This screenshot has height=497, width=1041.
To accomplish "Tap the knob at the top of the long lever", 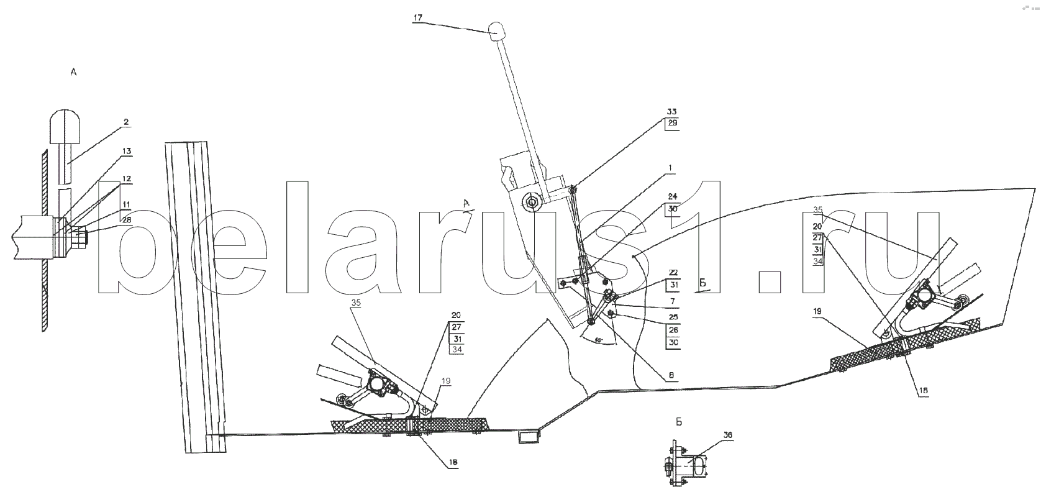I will [499, 30].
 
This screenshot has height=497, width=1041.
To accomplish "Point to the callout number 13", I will [126, 151].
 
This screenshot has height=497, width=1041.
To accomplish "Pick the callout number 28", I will [126, 219].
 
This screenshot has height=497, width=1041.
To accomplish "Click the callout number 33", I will [671, 112].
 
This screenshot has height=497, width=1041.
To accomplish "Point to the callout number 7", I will [673, 300].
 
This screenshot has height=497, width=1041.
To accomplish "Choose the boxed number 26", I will [672, 330].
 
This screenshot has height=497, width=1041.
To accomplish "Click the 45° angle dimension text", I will [598, 340].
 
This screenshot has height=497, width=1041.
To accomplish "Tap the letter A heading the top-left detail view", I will [73, 73].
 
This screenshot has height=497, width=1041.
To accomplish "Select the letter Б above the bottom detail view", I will [679, 422].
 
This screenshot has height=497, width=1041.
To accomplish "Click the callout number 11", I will [126, 203].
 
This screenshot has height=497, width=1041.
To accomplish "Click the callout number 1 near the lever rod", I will [671, 168].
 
